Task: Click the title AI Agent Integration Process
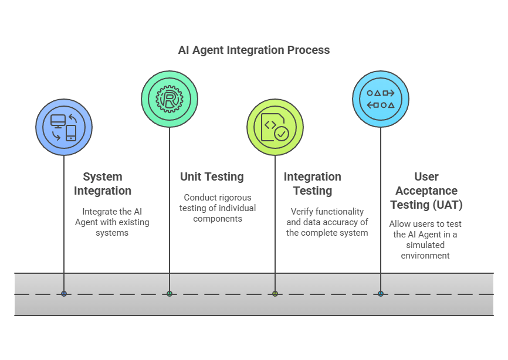point(253,50)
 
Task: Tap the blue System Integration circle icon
point(64,127)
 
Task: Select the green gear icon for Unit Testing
point(170,99)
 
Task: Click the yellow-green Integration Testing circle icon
point(275,127)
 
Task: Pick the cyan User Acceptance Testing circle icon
point(381,99)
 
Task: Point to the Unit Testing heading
point(212,176)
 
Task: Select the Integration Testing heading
point(312,184)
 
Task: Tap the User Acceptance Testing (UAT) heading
point(426,191)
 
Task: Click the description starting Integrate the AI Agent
point(112,222)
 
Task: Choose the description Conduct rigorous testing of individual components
point(218,208)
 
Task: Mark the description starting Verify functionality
point(327,222)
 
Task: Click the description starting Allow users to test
point(425,239)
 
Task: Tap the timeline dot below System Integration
point(64,294)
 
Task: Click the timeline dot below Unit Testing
point(170,294)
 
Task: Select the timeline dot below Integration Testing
point(275,294)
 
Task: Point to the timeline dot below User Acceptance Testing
point(381,294)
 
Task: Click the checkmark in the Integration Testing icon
point(282,134)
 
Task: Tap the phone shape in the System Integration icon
point(71,133)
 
